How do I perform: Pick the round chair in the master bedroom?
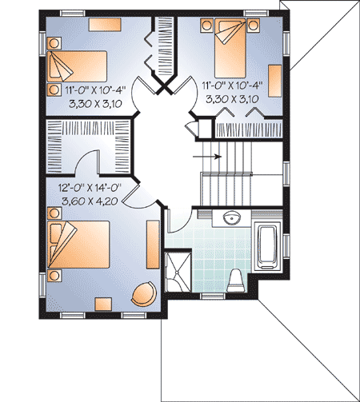coord(145,293)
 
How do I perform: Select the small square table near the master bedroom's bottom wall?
coord(103,303)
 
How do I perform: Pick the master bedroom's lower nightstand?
coord(54,277)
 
